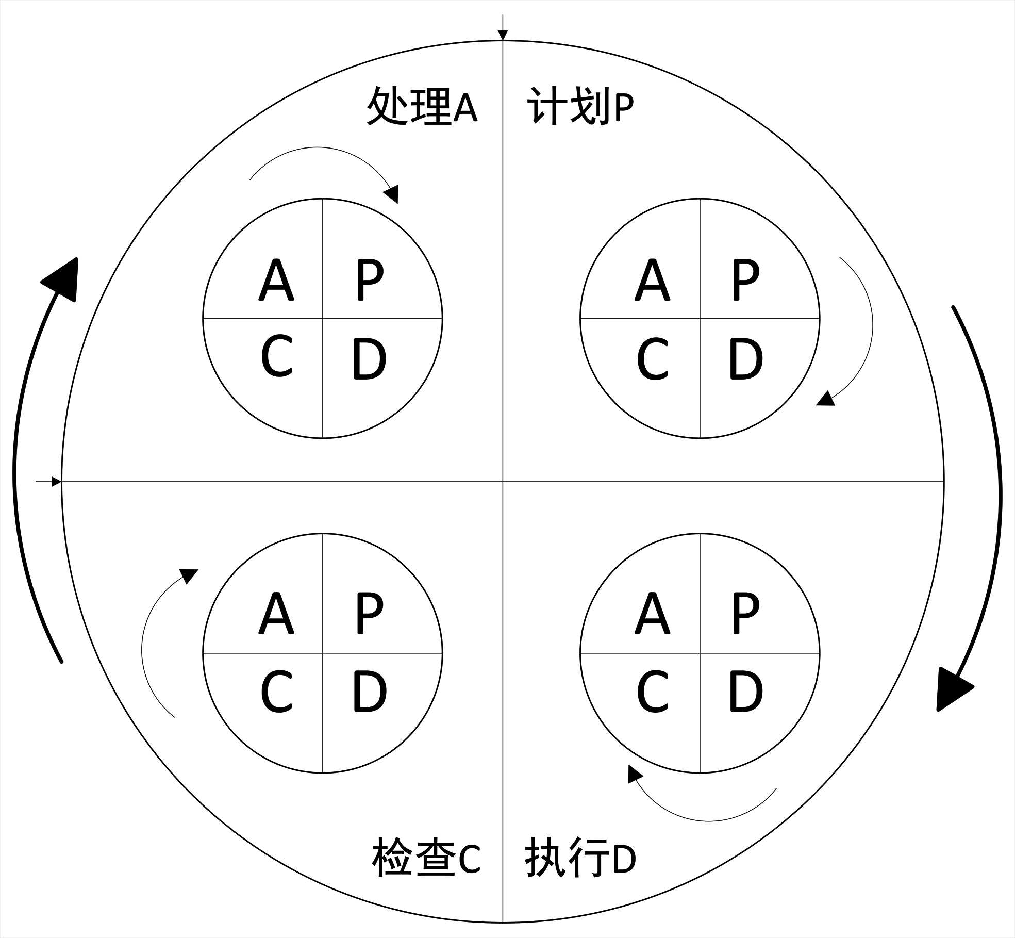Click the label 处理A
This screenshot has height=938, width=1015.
(x=422, y=106)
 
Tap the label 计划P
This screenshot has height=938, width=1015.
(x=580, y=106)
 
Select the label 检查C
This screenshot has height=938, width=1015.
(x=426, y=858)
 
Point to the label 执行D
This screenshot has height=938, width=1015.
(x=580, y=858)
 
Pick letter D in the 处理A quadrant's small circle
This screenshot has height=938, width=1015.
(x=369, y=359)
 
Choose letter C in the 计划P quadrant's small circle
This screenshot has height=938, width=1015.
(x=653, y=359)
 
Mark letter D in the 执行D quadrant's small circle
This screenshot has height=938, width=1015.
(x=745, y=692)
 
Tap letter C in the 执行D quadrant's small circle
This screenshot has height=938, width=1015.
(x=653, y=692)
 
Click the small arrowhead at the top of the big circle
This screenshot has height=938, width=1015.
(x=503, y=35)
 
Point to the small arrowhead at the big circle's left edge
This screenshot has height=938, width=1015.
(x=56, y=482)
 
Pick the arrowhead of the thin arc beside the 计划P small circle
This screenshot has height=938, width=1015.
(x=825, y=399)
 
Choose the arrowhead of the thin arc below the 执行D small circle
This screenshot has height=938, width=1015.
(x=634, y=774)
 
